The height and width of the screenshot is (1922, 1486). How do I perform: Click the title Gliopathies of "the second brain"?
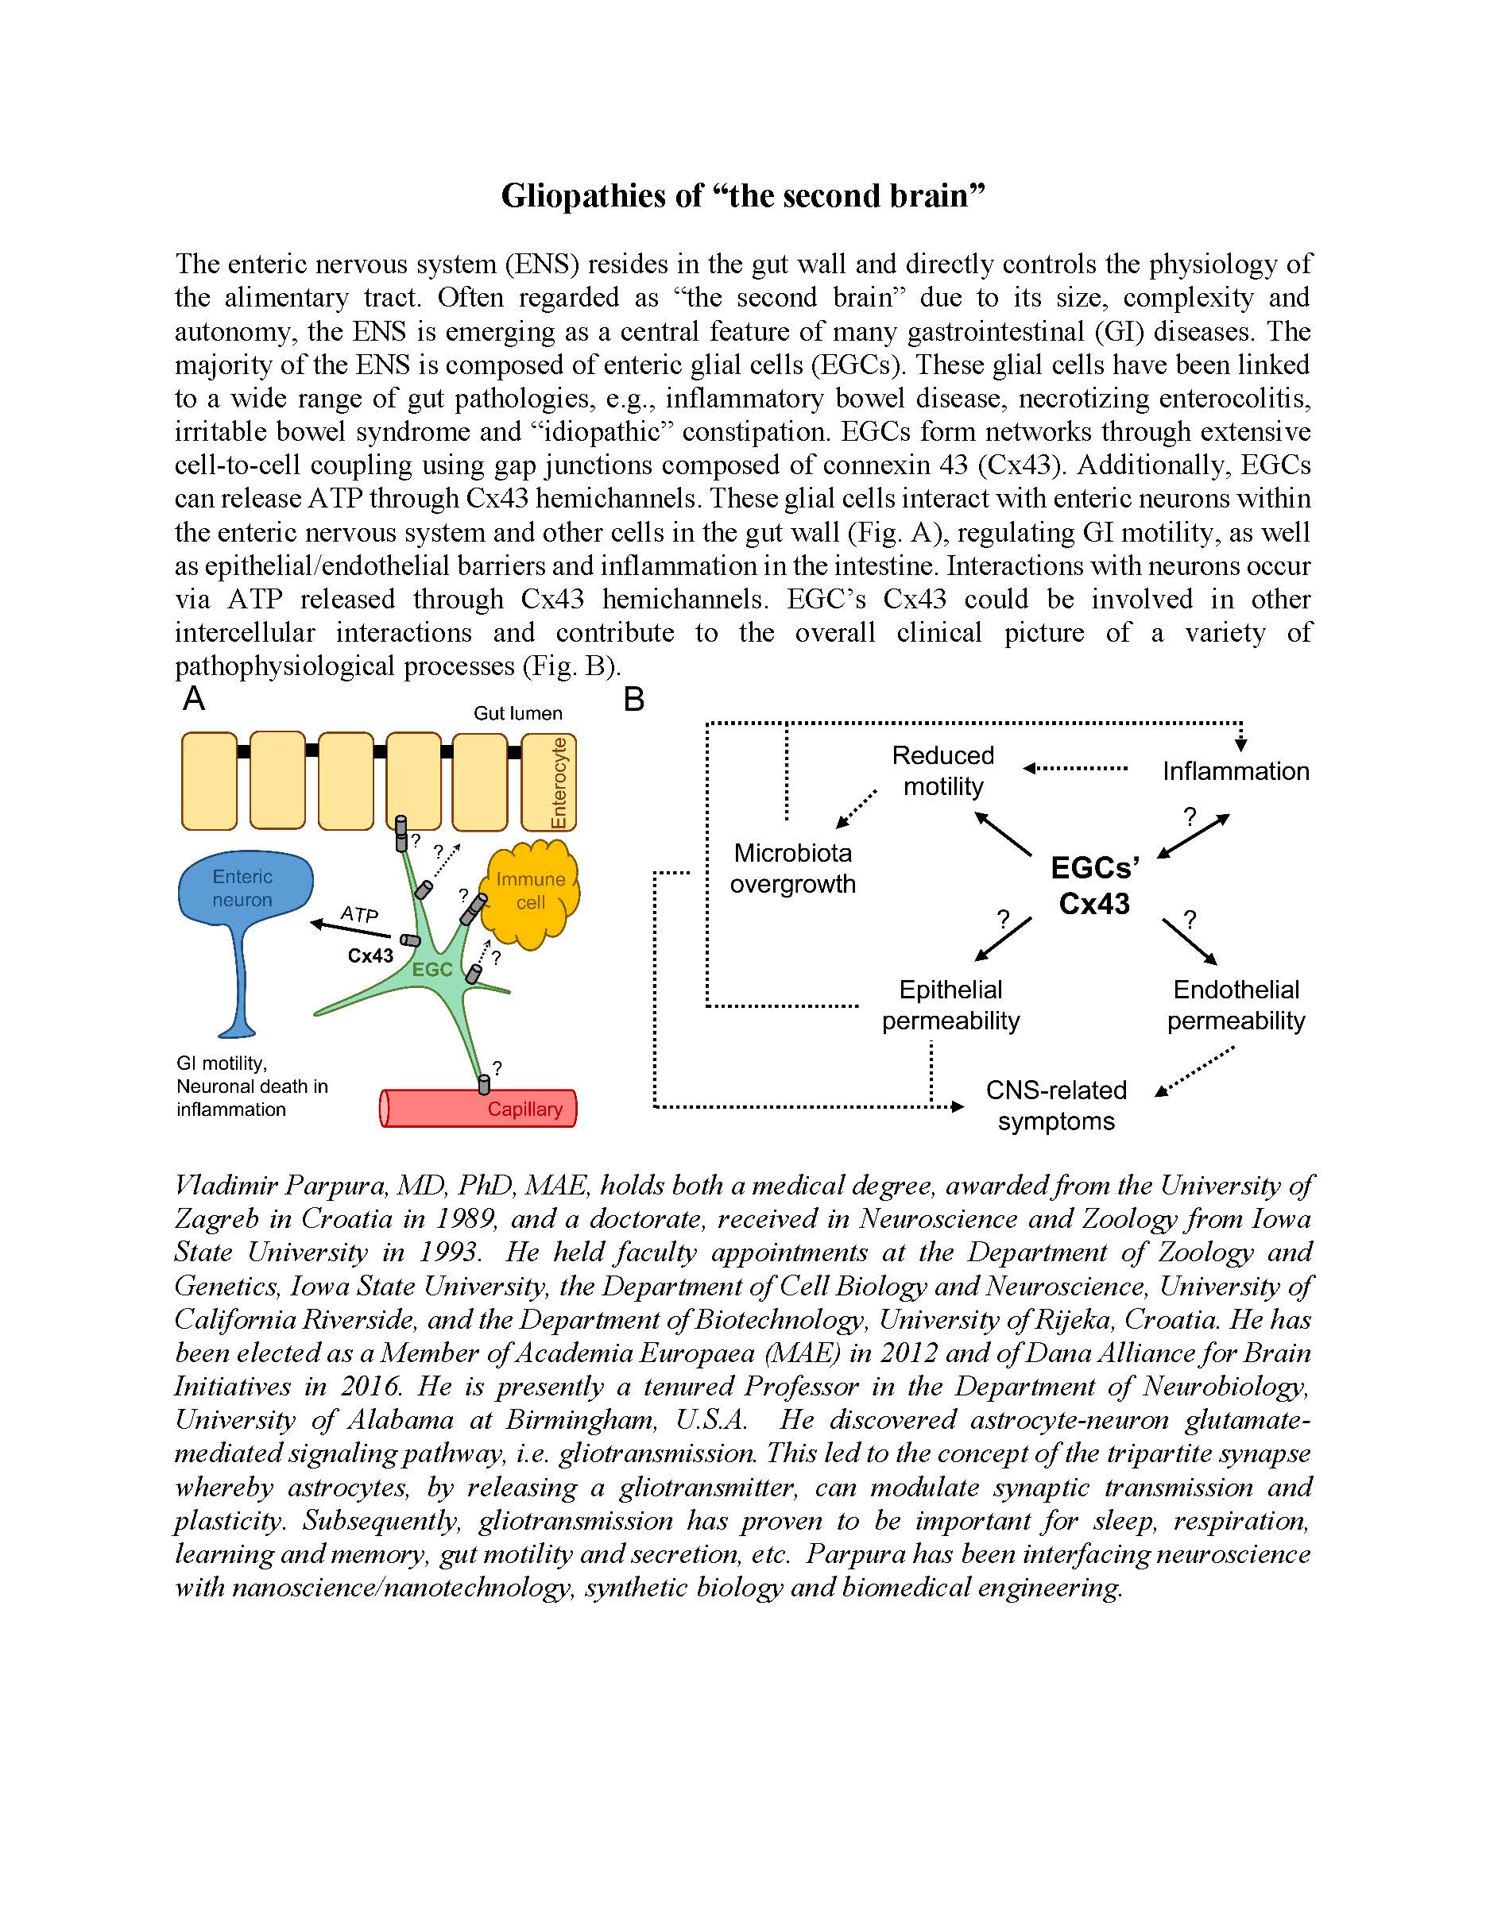742,195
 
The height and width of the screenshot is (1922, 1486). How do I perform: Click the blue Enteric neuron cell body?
244,887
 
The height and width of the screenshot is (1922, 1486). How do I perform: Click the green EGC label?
432,969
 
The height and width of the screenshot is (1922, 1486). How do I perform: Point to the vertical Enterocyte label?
557,782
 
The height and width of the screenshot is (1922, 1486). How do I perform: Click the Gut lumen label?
517,713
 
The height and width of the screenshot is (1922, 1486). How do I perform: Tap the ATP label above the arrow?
359,914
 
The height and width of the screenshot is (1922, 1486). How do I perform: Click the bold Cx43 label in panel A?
370,955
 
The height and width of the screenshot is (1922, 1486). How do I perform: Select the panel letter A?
194,699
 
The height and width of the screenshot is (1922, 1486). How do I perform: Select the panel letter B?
634,700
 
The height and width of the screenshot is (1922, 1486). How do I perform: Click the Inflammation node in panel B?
1235,771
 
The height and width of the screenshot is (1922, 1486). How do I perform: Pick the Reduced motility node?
942,770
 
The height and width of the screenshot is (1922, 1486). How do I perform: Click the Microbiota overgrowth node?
792,868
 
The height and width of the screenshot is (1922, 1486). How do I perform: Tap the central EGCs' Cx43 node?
1094,886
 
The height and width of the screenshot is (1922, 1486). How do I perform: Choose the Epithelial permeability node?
950,1005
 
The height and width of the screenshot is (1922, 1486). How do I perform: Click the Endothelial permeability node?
1236,1005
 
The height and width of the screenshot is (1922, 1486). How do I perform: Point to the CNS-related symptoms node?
1055,1106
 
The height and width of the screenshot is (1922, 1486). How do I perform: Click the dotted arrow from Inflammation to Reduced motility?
1076,768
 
